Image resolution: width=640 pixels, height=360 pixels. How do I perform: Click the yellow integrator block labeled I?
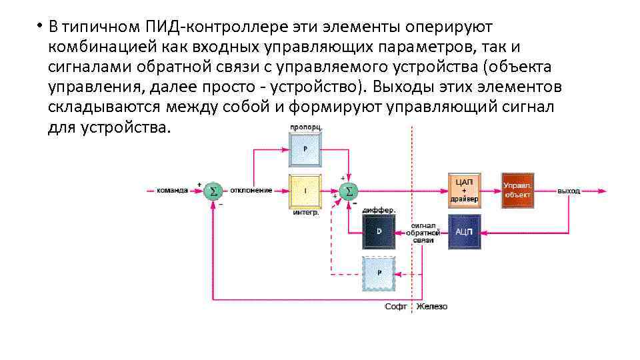tap(305, 191)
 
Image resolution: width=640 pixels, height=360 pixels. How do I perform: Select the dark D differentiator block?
tap(379, 231)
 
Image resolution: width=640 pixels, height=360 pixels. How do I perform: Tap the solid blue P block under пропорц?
tap(305, 149)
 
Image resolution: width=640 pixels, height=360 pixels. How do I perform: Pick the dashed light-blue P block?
tap(379, 273)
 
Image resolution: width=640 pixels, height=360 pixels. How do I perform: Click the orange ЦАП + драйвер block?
tap(465, 190)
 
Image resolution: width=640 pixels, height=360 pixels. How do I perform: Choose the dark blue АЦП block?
tap(465, 231)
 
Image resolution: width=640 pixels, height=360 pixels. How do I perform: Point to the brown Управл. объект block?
tap(517, 190)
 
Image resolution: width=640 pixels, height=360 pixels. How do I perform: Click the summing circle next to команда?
tap(213, 191)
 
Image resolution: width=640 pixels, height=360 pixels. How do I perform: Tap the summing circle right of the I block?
tap(347, 191)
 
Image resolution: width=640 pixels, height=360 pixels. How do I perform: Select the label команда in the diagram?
tap(172, 191)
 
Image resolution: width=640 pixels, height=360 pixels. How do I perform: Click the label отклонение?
tap(251, 191)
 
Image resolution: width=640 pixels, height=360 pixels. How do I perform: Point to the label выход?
tap(569, 191)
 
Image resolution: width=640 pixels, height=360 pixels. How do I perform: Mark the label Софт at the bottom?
tap(396, 307)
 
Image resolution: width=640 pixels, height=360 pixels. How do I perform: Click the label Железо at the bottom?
tap(433, 307)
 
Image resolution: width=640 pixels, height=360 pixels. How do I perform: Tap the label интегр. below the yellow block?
tap(305, 213)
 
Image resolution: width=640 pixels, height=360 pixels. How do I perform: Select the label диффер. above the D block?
tap(379, 210)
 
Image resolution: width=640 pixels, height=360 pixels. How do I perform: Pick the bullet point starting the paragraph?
tap(40, 27)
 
